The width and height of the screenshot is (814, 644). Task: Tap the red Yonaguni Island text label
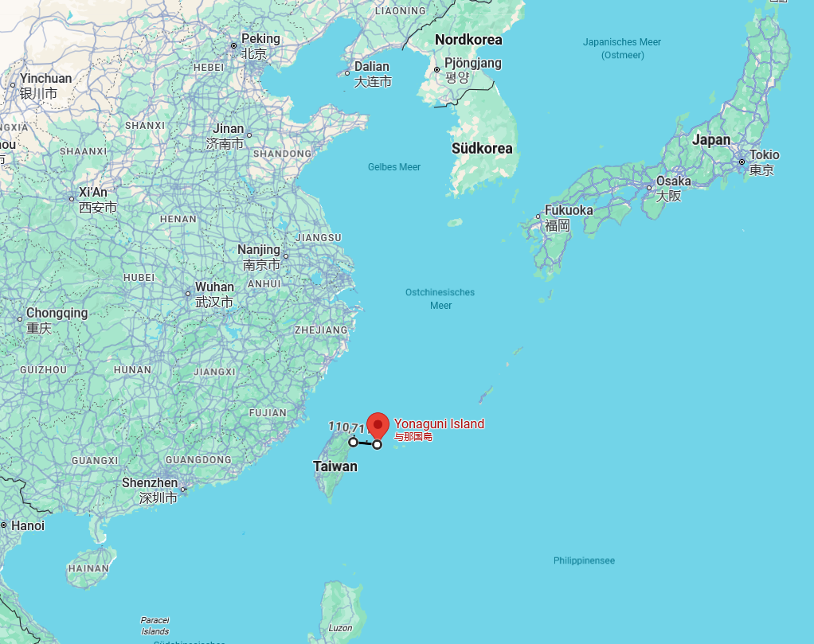[x=439, y=423]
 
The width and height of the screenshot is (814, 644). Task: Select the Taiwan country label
[x=335, y=466]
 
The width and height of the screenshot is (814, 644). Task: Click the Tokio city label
[x=765, y=154]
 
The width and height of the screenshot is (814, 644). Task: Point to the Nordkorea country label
[x=468, y=39]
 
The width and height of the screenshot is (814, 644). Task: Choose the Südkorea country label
[x=482, y=148]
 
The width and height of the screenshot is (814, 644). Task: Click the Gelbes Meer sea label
[x=393, y=167]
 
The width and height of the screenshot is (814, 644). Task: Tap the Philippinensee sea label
[x=584, y=560]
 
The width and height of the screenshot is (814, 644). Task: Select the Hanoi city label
[x=28, y=525]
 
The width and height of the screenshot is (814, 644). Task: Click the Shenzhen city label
[x=150, y=483]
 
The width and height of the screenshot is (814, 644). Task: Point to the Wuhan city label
[x=214, y=287]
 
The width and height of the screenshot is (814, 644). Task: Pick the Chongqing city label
[x=57, y=313]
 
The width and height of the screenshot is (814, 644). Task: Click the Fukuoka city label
[x=569, y=210]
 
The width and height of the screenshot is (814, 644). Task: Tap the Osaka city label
[x=673, y=181]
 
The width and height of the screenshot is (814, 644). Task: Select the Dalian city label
[x=372, y=67]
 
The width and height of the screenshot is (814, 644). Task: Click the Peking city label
[x=260, y=38]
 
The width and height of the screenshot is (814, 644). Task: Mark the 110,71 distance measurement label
[x=346, y=427]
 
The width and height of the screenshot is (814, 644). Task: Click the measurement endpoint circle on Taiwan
[x=353, y=442]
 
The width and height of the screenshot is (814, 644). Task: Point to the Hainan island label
[x=88, y=568]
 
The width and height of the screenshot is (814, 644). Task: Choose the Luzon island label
[x=340, y=628]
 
